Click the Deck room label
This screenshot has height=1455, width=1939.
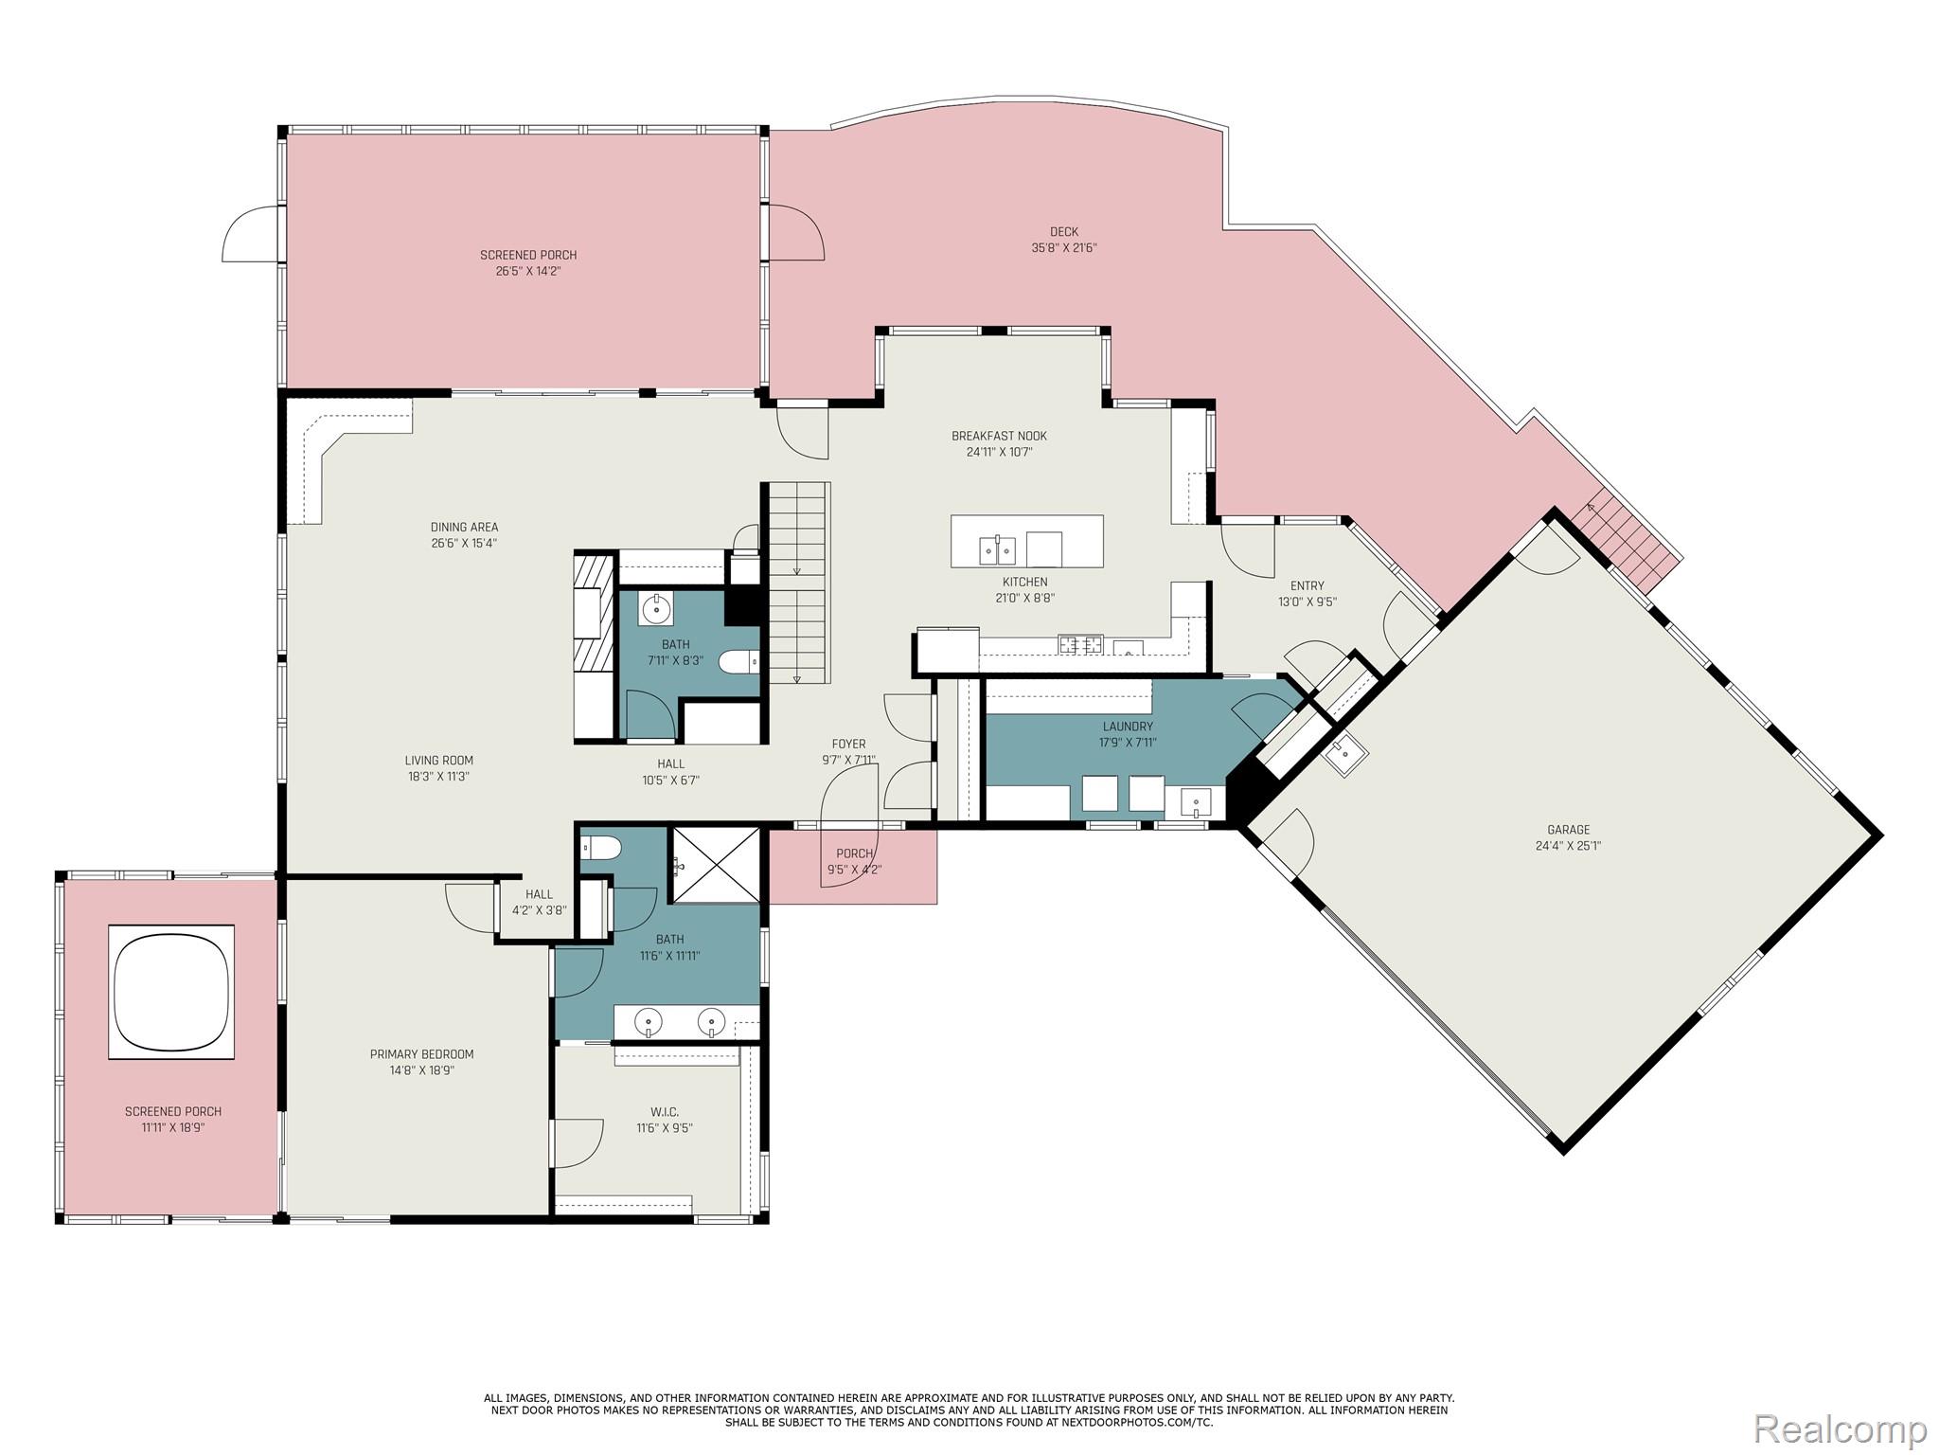[1063, 231]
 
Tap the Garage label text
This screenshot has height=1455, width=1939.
[1568, 830]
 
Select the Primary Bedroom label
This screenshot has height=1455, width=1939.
[421, 1054]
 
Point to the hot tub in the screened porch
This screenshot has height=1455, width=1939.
[171, 992]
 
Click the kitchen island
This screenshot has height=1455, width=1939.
[1026, 541]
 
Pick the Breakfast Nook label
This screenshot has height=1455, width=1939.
[999, 436]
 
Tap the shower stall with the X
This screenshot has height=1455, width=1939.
[716, 865]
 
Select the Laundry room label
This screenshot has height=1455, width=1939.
[1128, 727]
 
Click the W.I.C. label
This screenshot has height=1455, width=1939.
[664, 1112]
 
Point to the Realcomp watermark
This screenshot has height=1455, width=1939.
[1840, 1428]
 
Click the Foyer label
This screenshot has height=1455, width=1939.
[848, 744]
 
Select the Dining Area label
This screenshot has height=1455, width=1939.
[464, 528]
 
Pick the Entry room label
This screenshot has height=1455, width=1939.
[1307, 585]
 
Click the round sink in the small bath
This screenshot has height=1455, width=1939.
[656, 609]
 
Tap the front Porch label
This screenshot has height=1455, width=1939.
[854, 853]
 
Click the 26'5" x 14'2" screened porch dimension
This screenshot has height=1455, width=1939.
[528, 271]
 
